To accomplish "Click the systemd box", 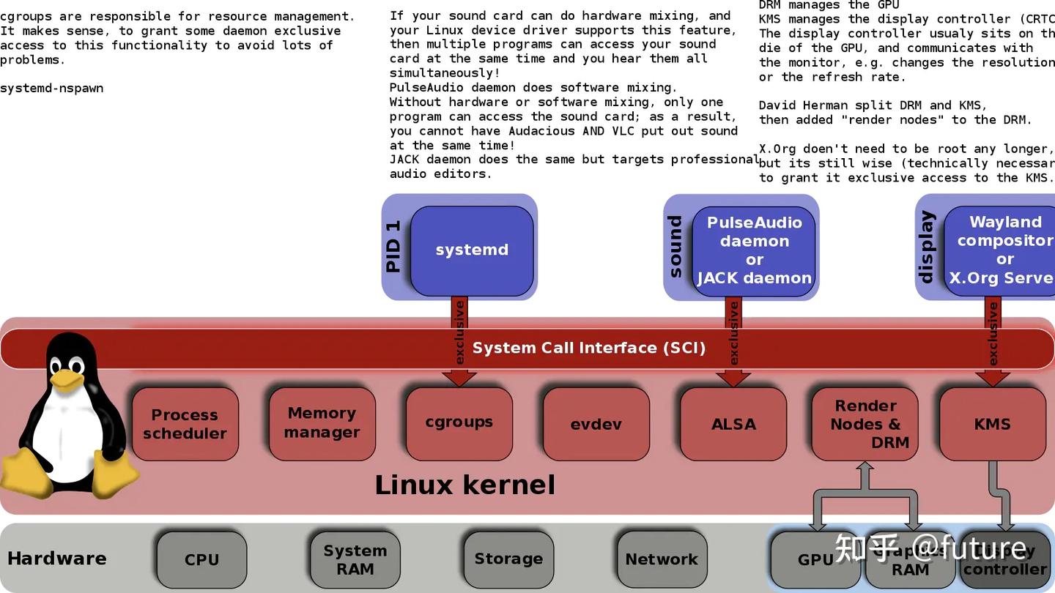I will (x=472, y=250).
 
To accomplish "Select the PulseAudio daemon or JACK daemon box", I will (x=754, y=250).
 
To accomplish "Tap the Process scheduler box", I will (x=185, y=424).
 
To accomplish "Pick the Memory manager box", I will (x=322, y=422).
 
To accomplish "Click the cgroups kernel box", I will (x=459, y=422).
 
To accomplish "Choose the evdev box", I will (x=596, y=424).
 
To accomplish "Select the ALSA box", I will (x=733, y=424).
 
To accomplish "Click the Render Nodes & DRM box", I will (x=865, y=424).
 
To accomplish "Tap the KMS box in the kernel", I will (x=992, y=424).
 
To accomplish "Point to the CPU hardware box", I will (x=201, y=559).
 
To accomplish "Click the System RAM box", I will (x=355, y=559).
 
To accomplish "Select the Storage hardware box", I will (x=508, y=559).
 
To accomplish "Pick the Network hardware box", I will (x=662, y=559).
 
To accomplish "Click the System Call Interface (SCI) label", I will (x=588, y=348).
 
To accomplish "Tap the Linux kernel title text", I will (x=464, y=485).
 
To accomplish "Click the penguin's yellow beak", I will (x=67, y=379).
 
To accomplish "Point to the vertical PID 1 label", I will (x=393, y=246).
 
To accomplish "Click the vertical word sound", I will (x=675, y=247).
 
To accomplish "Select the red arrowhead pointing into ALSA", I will (x=733, y=378).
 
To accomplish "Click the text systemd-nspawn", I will (x=51, y=89).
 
